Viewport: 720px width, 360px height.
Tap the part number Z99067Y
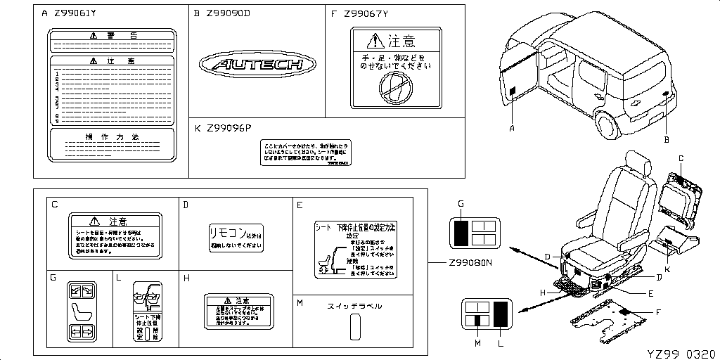point(369,13)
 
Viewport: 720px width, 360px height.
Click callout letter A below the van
point(512,128)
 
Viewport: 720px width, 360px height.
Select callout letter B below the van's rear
point(665,140)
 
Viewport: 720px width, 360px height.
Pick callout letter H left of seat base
point(542,292)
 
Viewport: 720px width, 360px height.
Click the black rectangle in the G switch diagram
point(461,233)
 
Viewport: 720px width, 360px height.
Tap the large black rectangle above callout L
point(501,314)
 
